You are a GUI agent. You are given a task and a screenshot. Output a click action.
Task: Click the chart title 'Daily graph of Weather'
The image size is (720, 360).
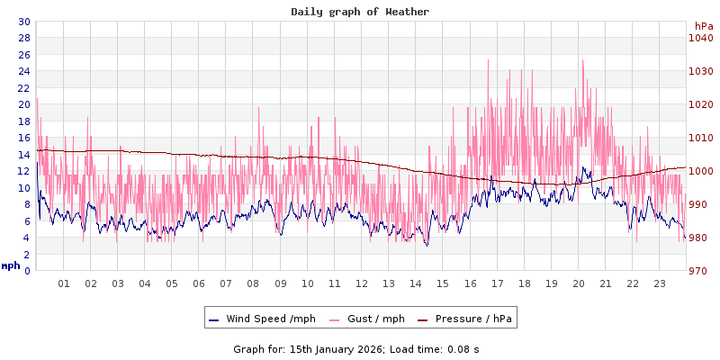point(360,12)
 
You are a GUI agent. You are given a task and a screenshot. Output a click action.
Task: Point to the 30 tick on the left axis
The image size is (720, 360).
point(23,22)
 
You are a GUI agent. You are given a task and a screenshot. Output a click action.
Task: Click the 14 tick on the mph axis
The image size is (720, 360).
point(23,155)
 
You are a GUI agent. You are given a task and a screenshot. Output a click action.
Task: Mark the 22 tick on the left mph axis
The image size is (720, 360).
point(23,88)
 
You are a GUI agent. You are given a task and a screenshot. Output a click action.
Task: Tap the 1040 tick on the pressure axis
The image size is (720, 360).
point(700,38)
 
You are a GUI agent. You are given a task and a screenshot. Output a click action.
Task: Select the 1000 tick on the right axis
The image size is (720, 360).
point(700,171)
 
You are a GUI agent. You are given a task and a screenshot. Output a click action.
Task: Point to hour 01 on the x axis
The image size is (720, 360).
point(64,283)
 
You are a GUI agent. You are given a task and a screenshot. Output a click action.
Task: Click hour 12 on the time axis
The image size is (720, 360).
point(362,283)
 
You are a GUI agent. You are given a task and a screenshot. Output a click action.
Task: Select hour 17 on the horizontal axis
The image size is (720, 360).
point(497,283)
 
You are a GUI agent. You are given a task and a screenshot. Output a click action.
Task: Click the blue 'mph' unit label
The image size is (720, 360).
point(11,265)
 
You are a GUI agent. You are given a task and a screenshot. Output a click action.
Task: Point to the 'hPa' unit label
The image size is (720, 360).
point(704,26)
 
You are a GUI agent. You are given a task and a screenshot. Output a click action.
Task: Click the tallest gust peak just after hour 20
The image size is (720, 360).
point(582,60)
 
